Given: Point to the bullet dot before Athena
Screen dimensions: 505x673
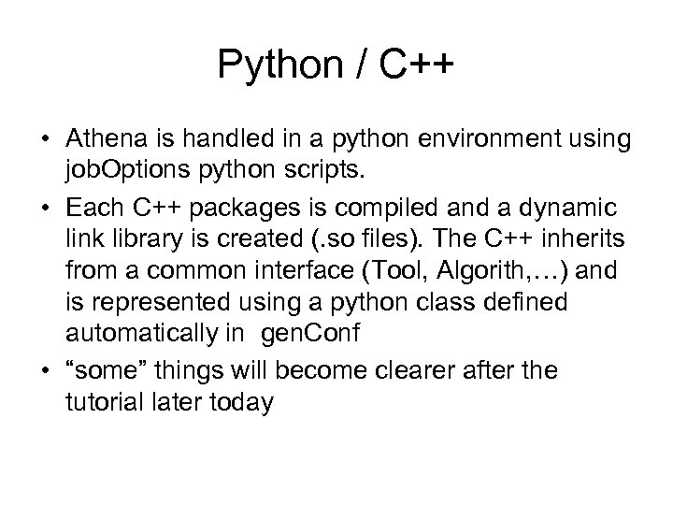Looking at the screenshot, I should (x=46, y=138).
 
